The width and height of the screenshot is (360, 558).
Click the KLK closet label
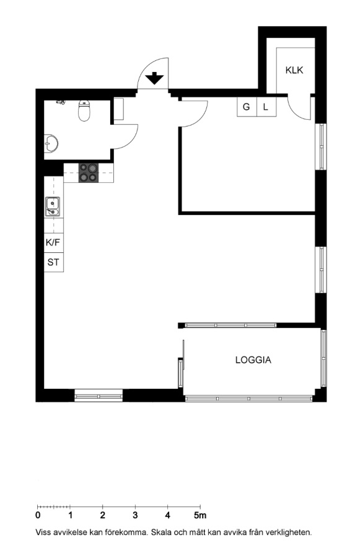click(x=294, y=70)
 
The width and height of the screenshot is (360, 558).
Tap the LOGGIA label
click(x=253, y=360)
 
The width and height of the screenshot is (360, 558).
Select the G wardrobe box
click(x=247, y=107)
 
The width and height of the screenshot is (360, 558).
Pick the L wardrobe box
click(x=266, y=107)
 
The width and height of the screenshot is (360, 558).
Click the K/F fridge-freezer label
click(x=53, y=242)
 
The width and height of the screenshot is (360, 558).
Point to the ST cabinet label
click(x=53, y=262)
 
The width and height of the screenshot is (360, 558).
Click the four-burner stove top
click(x=89, y=172)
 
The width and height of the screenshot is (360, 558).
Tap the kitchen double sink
click(x=52, y=206)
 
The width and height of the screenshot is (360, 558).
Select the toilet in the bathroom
click(x=84, y=111)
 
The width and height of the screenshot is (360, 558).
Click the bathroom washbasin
click(x=51, y=143)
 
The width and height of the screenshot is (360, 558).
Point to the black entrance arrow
click(x=154, y=78)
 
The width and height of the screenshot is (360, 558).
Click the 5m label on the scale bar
click(x=200, y=515)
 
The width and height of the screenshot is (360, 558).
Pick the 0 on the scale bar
click(x=38, y=515)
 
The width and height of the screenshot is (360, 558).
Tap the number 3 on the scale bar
click(x=135, y=515)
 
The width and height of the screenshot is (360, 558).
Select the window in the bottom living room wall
click(x=99, y=396)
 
